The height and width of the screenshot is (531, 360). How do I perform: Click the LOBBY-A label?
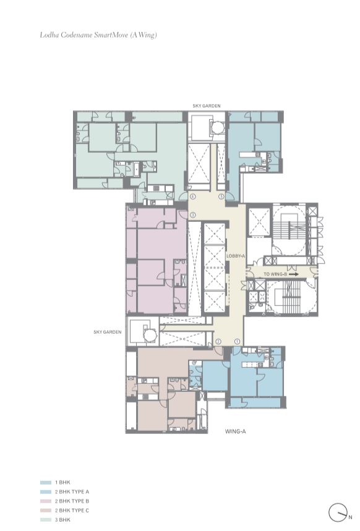coord(236,256)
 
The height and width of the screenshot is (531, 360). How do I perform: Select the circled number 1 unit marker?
coord(237,341)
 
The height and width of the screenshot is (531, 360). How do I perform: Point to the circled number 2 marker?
coord(218,341)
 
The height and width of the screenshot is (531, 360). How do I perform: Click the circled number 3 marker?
coord(193,215)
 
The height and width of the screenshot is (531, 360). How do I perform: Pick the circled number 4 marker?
coord(193,197)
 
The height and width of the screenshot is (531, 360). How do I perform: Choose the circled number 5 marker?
coord(221,197)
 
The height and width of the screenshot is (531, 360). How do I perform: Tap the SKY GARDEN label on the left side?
coord(107,332)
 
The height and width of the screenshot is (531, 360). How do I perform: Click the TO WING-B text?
coord(274,274)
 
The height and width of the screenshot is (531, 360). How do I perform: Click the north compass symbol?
coord(337,512)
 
